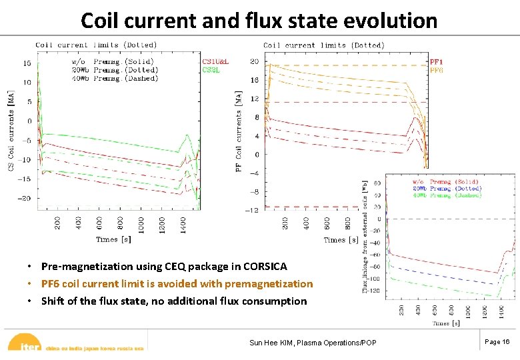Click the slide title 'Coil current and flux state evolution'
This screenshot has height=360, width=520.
pos(259,20)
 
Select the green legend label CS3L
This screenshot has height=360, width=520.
pos(211,69)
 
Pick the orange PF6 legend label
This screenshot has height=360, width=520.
pos(436,69)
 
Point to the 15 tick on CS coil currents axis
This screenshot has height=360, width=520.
pos(27,63)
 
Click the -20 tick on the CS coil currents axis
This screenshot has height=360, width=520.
pos(25,198)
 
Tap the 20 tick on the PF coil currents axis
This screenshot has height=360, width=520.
pos(254,61)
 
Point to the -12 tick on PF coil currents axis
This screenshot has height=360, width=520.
pos(252,210)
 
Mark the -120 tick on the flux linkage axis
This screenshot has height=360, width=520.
pos(374,291)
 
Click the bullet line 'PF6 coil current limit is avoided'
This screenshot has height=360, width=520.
pos(177,284)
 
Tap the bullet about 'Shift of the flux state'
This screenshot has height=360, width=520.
pos(173,301)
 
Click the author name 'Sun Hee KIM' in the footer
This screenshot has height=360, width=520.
pos(273,343)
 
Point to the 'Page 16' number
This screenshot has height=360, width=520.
pos(497,341)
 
